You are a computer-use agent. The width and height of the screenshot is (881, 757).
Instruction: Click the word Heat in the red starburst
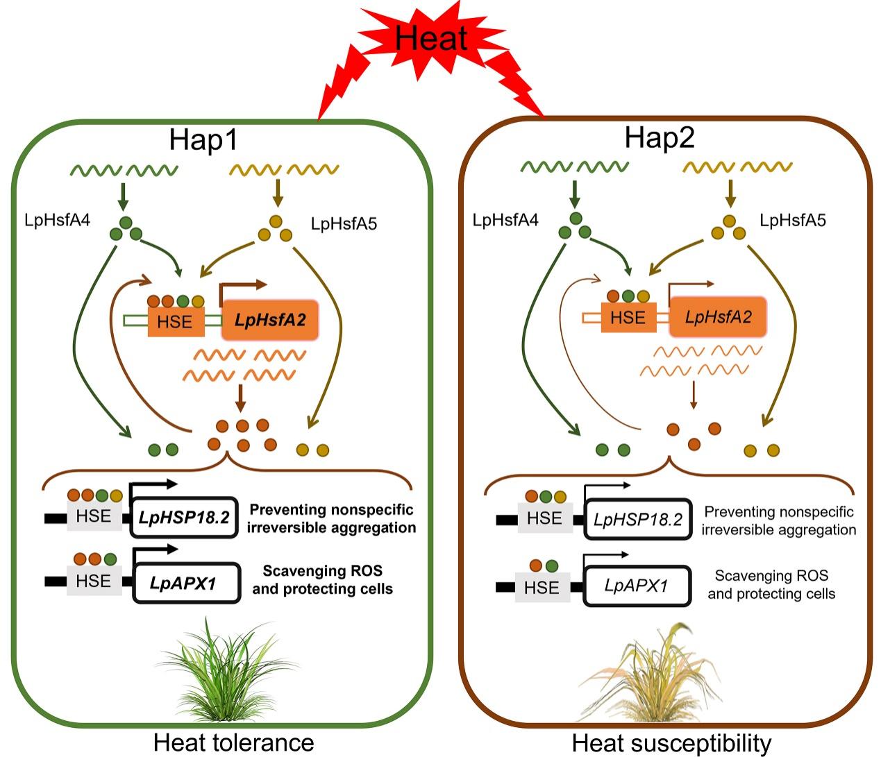[x=431, y=37]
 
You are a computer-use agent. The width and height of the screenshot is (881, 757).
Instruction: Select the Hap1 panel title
[x=203, y=140]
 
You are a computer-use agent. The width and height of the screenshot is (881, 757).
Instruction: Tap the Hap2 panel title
[x=659, y=138]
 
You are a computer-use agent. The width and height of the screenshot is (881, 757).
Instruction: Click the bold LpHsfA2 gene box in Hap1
[x=269, y=320]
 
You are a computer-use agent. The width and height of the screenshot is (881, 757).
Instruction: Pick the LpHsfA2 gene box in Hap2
[x=718, y=318]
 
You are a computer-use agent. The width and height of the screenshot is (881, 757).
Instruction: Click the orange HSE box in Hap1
[x=175, y=321]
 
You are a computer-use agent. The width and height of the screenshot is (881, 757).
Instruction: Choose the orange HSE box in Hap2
[x=628, y=318]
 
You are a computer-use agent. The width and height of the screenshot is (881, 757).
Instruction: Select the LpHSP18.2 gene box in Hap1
[x=183, y=518]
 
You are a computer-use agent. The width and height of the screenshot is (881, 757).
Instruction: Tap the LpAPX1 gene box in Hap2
[x=637, y=586]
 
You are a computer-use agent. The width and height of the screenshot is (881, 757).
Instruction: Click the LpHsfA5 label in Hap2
[x=793, y=221]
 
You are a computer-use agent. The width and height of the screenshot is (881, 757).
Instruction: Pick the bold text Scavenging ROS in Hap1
[x=322, y=571]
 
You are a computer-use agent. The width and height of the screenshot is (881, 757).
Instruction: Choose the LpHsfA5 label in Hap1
[x=344, y=223]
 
